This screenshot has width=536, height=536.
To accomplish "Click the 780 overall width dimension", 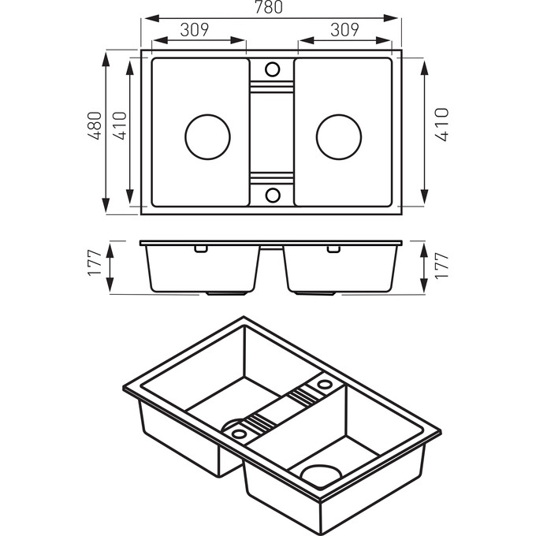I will [270, 8].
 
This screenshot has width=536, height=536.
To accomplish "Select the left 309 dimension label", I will [194, 30].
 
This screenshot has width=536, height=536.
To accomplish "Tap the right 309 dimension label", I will [344, 30].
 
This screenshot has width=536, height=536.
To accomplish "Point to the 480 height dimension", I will [95, 126].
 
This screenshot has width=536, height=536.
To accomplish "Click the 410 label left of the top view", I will [119, 126].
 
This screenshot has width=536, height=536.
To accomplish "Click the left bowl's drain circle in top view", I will [207, 135].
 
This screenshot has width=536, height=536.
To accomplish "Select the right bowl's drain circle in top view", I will [339, 135].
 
